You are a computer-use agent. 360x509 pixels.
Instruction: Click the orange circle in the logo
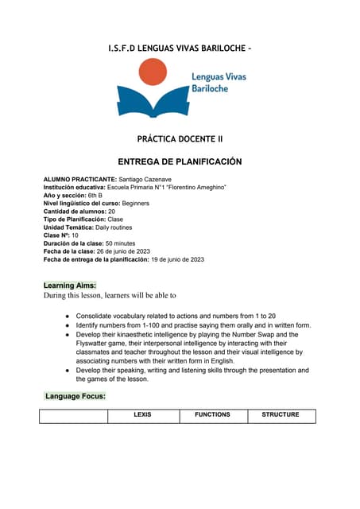[x=153, y=74]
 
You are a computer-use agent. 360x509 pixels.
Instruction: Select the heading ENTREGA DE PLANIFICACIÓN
[x=180, y=161]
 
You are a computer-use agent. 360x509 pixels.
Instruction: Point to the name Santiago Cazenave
[x=150, y=179]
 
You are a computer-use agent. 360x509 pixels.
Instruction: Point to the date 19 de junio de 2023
[x=177, y=259]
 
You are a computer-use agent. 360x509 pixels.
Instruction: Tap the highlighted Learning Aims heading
[x=70, y=285]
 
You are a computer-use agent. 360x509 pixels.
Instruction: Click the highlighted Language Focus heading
[x=75, y=395]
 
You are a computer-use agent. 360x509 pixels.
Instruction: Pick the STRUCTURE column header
[x=281, y=414]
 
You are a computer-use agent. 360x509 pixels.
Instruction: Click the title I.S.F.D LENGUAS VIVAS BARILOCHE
[x=180, y=49]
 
